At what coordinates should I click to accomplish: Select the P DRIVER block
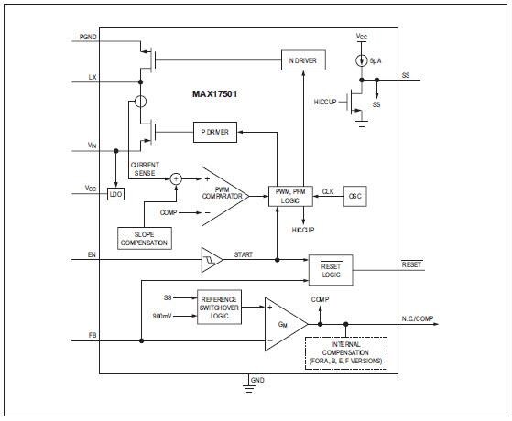[x=215, y=133]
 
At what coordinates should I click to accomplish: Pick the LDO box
[x=115, y=195]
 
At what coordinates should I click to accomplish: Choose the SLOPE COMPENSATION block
[x=143, y=238]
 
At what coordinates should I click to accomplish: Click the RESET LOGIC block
[x=330, y=268]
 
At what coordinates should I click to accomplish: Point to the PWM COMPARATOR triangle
[x=221, y=194]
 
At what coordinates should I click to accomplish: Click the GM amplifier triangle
[x=282, y=323]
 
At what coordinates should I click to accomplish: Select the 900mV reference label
[x=163, y=317]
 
